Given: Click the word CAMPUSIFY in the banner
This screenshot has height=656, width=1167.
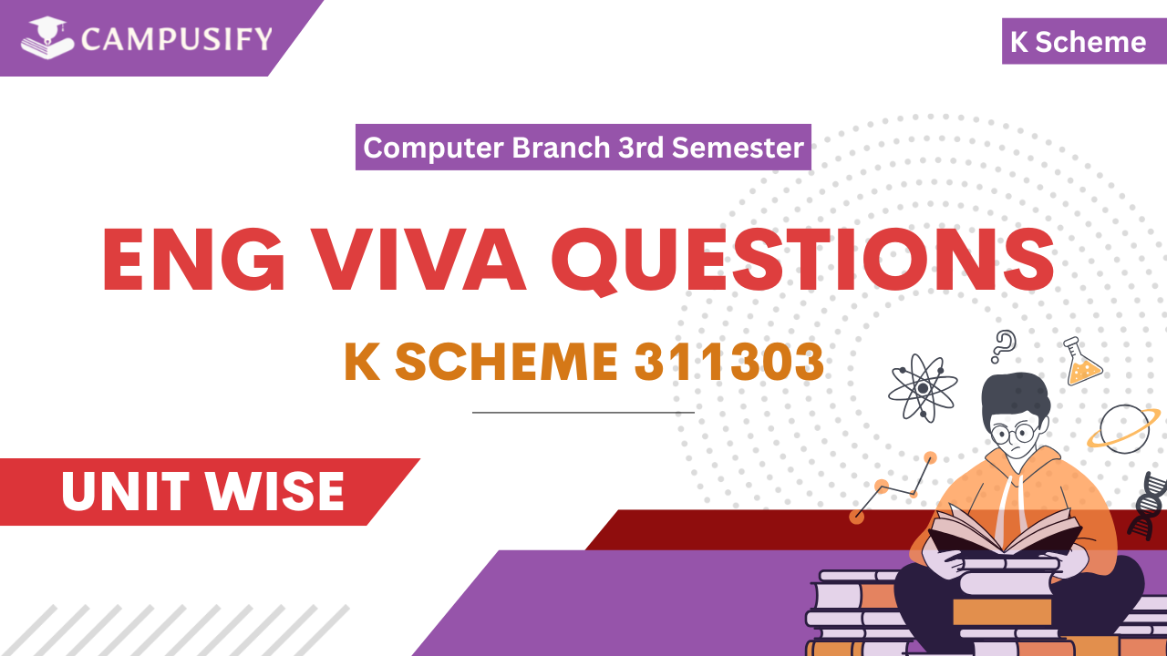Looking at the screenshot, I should pyautogui.click(x=176, y=39).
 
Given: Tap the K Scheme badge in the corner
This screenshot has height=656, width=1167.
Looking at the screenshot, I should pyautogui.click(x=1078, y=42).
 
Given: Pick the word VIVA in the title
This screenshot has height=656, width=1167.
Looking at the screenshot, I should pyautogui.click(x=422, y=261).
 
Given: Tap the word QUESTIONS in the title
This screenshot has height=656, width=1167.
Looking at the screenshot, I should pyautogui.click(x=803, y=261).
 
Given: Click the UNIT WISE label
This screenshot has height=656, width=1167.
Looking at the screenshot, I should pyautogui.click(x=202, y=492).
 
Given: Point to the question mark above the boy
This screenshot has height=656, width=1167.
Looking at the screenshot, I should pyautogui.click(x=1004, y=346).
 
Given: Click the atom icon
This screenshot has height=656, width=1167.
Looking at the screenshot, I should pyautogui.click(x=923, y=387).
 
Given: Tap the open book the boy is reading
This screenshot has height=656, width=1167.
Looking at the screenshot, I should pyautogui.click(x=1003, y=533).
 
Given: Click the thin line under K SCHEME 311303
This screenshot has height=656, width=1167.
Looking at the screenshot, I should pyautogui.click(x=583, y=413).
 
